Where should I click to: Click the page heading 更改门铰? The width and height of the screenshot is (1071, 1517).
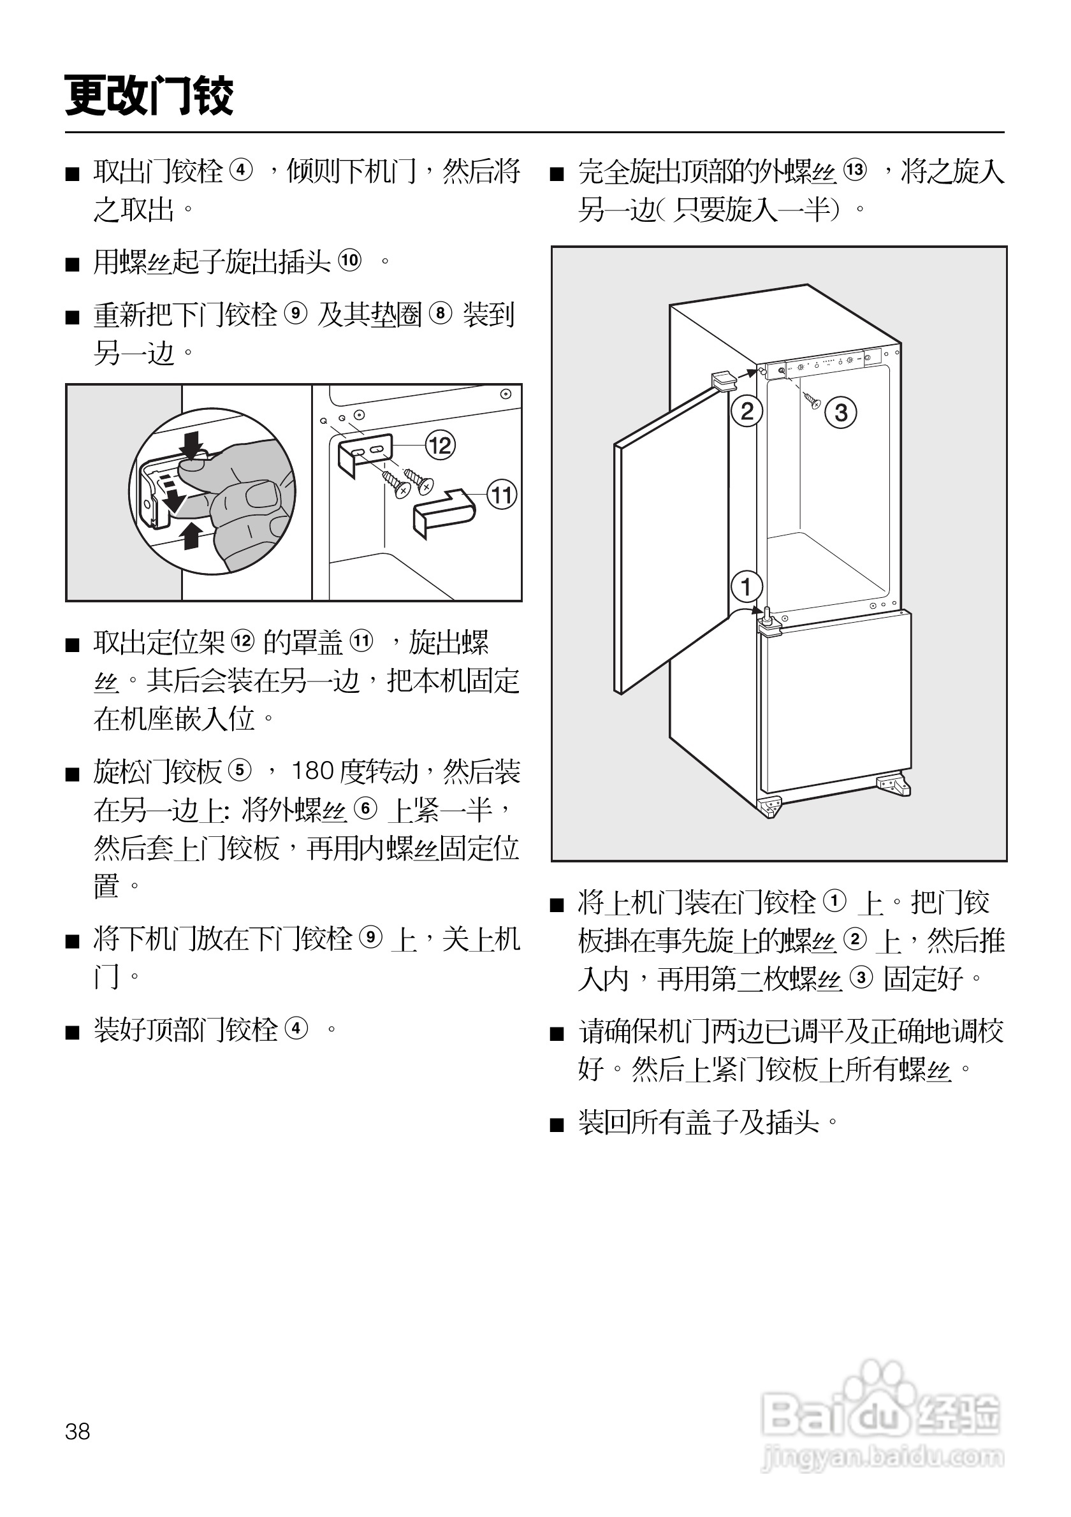coord(149,96)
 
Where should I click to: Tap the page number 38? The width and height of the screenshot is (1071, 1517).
coord(77,1431)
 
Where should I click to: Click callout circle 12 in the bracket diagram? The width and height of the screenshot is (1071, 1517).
coord(440,446)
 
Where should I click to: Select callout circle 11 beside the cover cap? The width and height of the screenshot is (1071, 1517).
coord(502,495)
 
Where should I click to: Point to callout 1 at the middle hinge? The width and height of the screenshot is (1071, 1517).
coord(747,586)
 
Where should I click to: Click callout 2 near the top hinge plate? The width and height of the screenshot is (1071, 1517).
coord(747,412)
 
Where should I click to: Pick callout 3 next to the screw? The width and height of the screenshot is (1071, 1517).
coord(840,413)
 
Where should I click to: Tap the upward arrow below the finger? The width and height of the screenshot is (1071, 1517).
coord(192,535)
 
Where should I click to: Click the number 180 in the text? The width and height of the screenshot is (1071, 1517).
coord(312,771)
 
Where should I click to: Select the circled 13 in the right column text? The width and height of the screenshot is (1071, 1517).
coord(855,170)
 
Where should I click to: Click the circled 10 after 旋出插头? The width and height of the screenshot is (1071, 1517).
coord(349,260)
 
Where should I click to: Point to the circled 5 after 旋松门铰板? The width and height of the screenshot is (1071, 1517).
coord(240,771)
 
